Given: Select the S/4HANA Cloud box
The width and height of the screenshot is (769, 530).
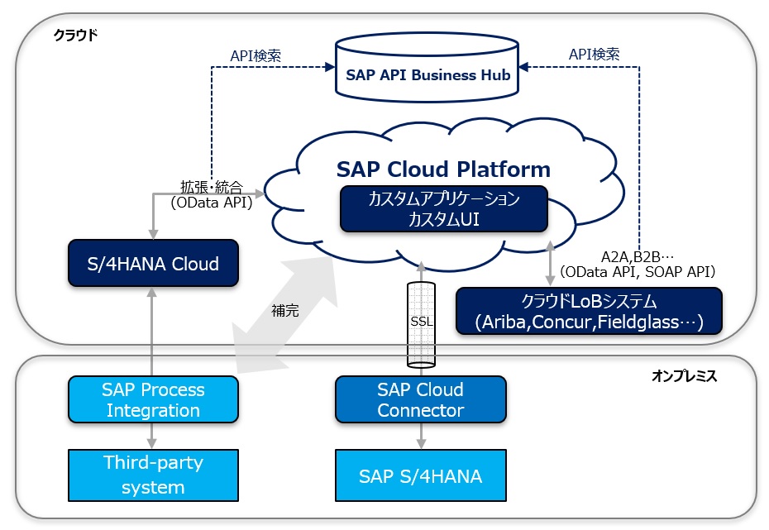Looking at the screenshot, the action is click(x=153, y=263).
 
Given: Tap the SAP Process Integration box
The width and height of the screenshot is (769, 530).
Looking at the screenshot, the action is click(x=153, y=399).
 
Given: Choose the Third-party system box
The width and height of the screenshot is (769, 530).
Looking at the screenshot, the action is click(x=153, y=475).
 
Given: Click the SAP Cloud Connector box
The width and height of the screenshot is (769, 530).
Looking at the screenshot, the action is click(x=420, y=399).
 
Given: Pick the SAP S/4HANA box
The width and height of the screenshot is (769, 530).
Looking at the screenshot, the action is click(x=420, y=475).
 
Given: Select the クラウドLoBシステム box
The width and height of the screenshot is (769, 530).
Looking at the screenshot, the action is click(x=589, y=312).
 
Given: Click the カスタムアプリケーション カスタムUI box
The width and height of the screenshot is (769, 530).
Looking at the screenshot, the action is click(x=443, y=209).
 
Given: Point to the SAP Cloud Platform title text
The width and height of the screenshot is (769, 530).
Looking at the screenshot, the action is click(x=443, y=170).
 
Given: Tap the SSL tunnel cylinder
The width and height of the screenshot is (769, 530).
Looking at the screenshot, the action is click(x=421, y=325).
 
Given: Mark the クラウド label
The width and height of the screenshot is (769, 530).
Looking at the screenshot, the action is click(x=75, y=36).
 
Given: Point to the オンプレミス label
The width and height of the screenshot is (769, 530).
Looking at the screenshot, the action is click(x=684, y=376).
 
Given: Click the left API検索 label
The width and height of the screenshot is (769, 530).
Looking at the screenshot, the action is click(x=256, y=56).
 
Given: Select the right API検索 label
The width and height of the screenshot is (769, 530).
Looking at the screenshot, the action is click(x=594, y=55).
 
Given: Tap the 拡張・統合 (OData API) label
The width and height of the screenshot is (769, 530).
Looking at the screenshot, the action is click(x=212, y=194).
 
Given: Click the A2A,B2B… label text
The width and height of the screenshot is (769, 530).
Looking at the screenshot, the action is click(x=637, y=257).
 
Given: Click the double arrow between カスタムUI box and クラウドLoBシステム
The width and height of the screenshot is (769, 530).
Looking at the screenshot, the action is click(x=550, y=263).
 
